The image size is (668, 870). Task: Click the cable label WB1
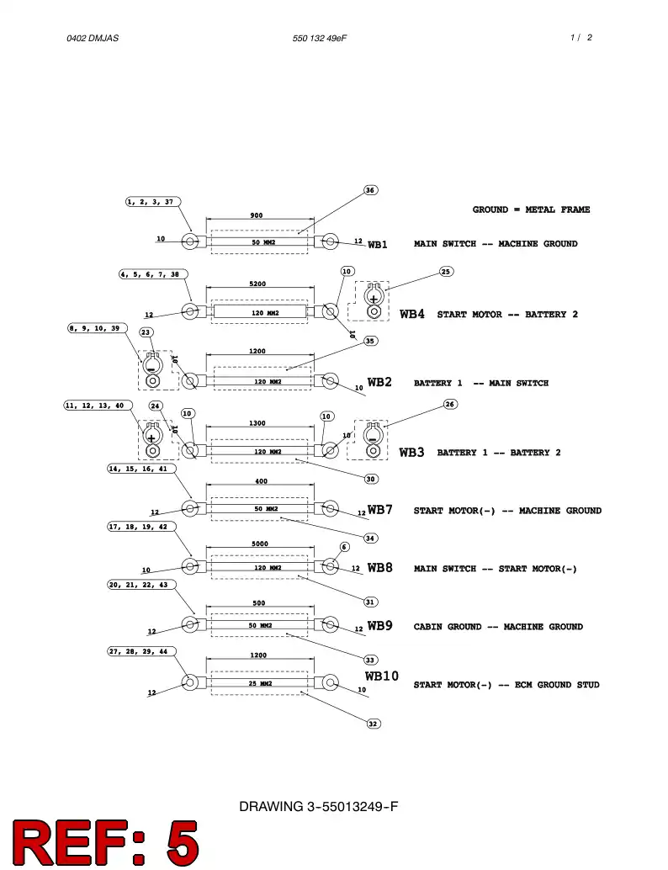pos(377,245)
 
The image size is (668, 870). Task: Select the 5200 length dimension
pos(257,284)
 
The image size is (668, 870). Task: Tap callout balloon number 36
pos(370,190)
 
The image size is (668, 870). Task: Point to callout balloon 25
pos(446,271)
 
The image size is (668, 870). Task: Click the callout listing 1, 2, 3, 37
pos(153,202)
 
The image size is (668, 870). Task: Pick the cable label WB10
pos(382,676)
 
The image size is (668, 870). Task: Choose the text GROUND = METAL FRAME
pos(531,210)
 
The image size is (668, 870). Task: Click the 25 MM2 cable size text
pos(260,683)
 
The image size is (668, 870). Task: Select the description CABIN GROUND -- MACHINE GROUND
pos(498,627)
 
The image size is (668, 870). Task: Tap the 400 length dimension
pos(262,481)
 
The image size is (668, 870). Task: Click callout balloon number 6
pos(344,547)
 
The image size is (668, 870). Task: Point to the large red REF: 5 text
pos(105,842)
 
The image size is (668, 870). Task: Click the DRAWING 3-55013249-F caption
pos(319,806)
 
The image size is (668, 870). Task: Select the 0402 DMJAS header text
pos(93,39)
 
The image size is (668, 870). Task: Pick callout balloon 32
pos(373,724)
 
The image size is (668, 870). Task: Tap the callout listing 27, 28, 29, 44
pos(141,651)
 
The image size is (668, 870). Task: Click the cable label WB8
pos(380,568)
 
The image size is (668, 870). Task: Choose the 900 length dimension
pos(257,215)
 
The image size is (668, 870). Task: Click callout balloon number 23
pos(146,332)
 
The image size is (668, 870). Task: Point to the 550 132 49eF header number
pos(320,39)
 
